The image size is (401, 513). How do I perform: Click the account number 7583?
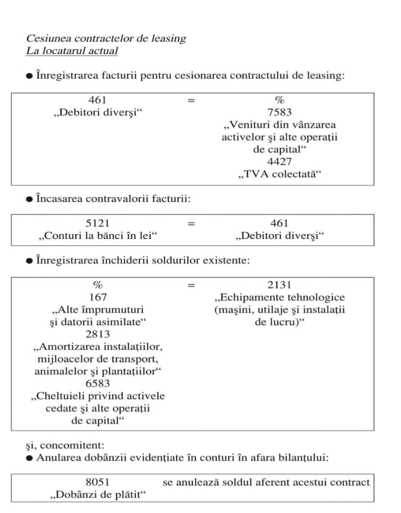279,112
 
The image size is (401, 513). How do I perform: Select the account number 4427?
279,162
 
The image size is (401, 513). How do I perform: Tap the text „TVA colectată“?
279,174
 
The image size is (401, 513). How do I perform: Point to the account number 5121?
97,224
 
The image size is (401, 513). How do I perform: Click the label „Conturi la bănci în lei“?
97,236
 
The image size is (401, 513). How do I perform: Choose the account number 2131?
279,285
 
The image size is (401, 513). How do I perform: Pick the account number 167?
97,297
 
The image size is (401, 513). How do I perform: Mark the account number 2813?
97,334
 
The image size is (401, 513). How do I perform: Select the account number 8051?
97,482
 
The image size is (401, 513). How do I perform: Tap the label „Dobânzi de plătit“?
97,495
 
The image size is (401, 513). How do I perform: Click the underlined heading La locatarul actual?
72,51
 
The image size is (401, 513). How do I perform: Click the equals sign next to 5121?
191,224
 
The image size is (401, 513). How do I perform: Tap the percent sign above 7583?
279,100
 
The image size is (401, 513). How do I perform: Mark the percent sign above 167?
97,285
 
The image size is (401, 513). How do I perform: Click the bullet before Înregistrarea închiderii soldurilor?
29,260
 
